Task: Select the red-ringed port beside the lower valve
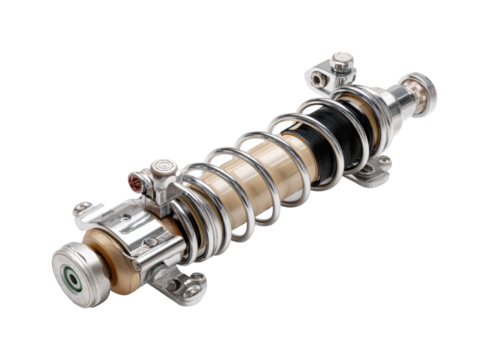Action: tap(134, 181)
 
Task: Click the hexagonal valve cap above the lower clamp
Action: tap(161, 168)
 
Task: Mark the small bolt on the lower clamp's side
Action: tap(150, 241)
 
